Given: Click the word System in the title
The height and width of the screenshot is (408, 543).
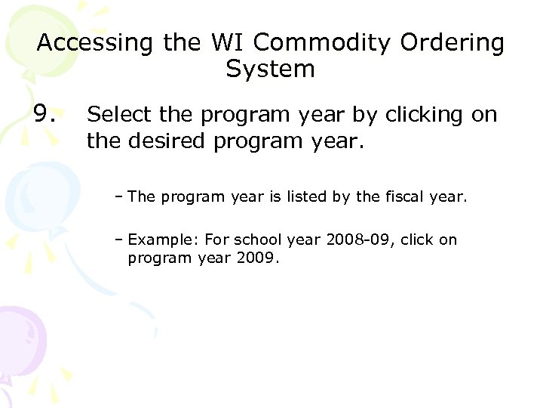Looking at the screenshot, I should tap(270, 70).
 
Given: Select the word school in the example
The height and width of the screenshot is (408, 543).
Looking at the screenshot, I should tap(256, 240).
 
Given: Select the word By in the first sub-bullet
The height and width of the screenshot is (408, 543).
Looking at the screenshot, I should tap(342, 198).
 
